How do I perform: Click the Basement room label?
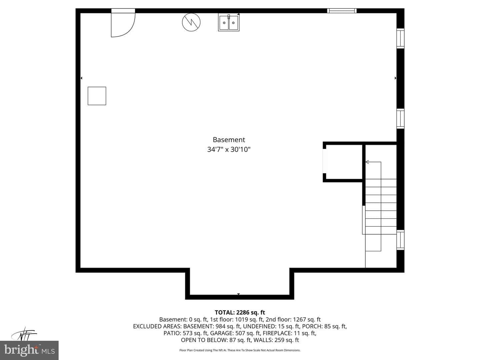click(x=229, y=140)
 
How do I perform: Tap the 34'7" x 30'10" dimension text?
click(x=229, y=150)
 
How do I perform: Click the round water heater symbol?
click(x=191, y=22)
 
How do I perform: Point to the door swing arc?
click(x=130, y=31)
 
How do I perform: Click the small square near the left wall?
click(x=97, y=96)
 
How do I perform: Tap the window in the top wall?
click(x=342, y=11)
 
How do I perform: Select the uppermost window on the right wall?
click(x=400, y=38)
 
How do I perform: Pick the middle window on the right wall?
click(x=400, y=118)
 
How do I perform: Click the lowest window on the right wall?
click(x=400, y=240)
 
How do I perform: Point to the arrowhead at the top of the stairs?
click(x=367, y=162)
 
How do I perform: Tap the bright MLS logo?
click(x=29, y=350)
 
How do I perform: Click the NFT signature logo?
click(x=24, y=334)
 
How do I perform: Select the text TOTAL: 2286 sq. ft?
click(x=240, y=312)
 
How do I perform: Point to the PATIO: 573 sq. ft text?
click(x=185, y=333)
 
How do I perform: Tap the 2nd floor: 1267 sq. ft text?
click(x=293, y=319)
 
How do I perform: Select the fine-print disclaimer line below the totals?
click(x=240, y=350)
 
